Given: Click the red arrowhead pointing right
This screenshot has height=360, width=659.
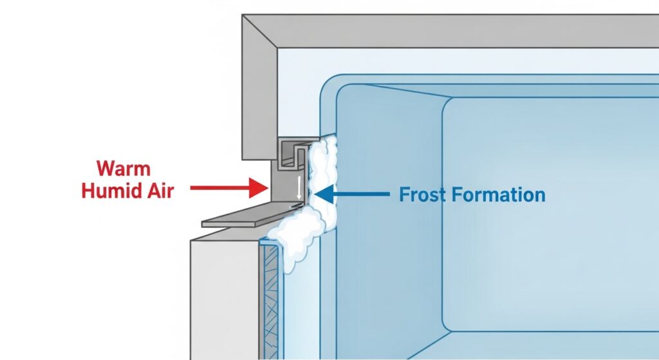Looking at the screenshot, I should pyautogui.click(x=260, y=188).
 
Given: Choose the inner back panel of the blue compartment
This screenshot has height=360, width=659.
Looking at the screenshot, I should pyautogui.click(x=547, y=213).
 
